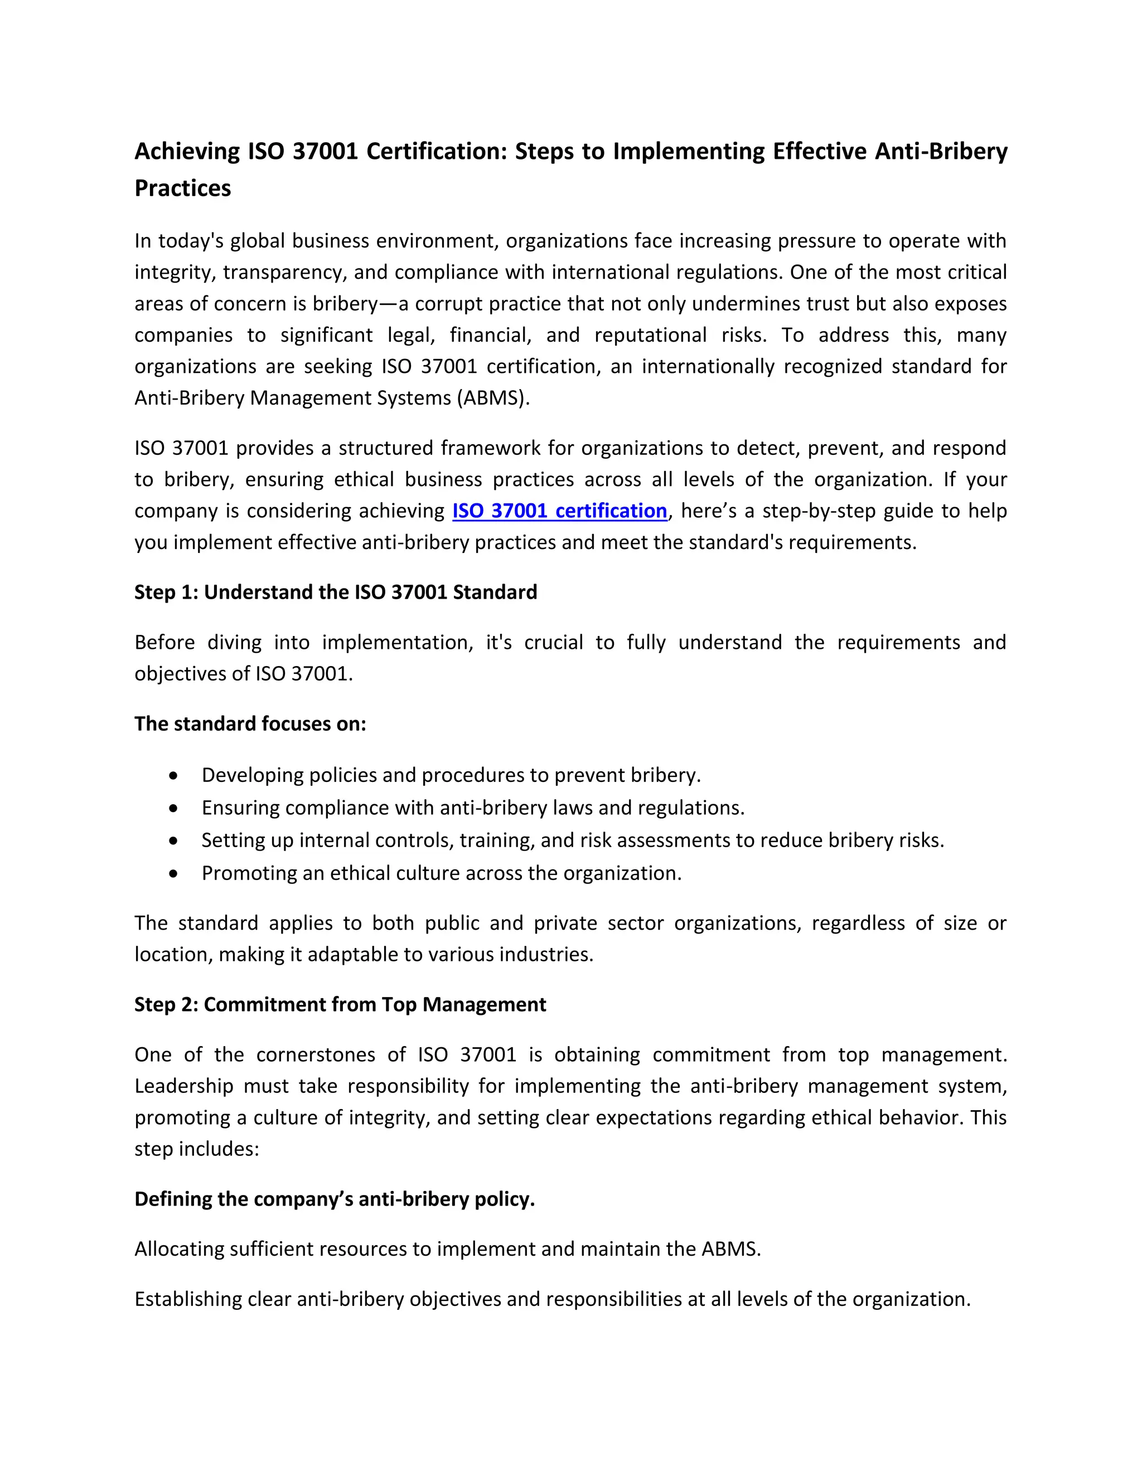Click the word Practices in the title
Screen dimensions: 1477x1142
pyautogui.click(x=183, y=188)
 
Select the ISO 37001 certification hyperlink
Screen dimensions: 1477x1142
pyautogui.click(x=559, y=511)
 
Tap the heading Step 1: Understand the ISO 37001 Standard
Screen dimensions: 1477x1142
pyautogui.click(x=336, y=592)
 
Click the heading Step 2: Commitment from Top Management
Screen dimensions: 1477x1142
pyautogui.click(x=340, y=1004)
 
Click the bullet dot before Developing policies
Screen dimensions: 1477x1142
pyautogui.click(x=174, y=776)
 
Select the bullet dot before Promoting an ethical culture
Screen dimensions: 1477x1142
pyautogui.click(x=174, y=874)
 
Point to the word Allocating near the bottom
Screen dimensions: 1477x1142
pyautogui.click(x=178, y=1248)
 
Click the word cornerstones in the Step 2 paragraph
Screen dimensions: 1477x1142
pyautogui.click(x=315, y=1055)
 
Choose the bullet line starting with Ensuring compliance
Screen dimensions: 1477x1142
pyautogui.click(x=472, y=808)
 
